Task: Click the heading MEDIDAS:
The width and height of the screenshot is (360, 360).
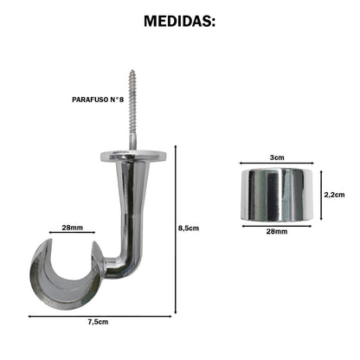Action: pos(179,20)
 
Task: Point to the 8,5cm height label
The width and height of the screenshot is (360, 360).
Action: pos(189,228)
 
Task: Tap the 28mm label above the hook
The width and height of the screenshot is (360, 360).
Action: pos(72,228)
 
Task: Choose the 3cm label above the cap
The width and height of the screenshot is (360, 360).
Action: pos(275,158)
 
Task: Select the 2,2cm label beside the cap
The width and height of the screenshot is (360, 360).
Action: pos(334,195)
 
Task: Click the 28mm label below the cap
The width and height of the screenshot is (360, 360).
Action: pos(275,233)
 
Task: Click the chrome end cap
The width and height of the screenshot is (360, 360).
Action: pos(275,194)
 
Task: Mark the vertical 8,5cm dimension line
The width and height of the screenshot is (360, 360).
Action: pos(176,228)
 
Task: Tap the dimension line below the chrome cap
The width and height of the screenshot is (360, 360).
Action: pos(275,224)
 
